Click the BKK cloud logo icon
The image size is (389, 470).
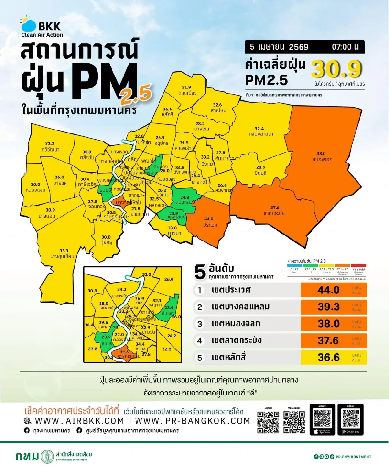coord(29,25)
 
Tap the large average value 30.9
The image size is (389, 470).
coord(336,69)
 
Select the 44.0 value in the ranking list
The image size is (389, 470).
coord(328,290)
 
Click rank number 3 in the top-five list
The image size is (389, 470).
coord(200,324)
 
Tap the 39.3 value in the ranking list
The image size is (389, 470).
coord(328,307)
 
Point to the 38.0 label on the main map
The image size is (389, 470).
coord(321,154)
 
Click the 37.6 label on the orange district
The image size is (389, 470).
coord(275,207)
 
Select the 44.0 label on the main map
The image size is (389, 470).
coord(209,219)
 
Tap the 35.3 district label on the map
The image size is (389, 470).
coord(64,250)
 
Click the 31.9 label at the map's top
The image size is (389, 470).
coord(186,87)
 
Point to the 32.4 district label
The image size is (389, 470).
coord(259,129)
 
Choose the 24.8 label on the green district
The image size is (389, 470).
coord(184,197)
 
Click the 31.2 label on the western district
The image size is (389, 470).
coord(50,143)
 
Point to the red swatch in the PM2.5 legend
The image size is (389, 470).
coord(358,266)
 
